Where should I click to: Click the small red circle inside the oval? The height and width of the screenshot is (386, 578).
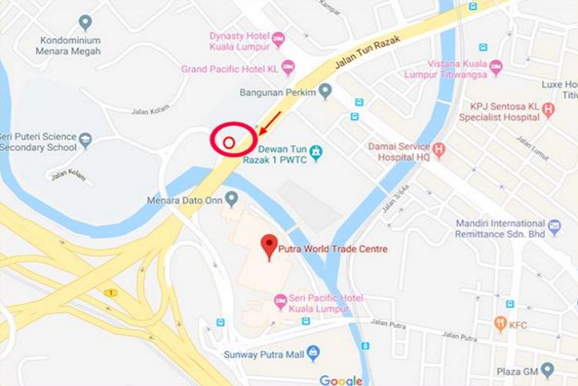click(x=228, y=142)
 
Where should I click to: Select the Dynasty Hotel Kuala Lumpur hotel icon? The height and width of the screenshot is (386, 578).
click(x=278, y=37)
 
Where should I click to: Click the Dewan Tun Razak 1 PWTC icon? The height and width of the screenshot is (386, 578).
click(x=315, y=150)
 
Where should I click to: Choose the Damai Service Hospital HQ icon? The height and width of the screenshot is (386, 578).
click(x=439, y=150)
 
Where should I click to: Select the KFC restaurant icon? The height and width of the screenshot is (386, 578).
click(x=501, y=324)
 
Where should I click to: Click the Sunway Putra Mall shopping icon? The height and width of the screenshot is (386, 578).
click(x=313, y=354)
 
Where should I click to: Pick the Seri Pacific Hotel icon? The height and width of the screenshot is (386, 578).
click(x=279, y=299)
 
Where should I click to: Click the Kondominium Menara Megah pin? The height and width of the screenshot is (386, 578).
click(x=85, y=22)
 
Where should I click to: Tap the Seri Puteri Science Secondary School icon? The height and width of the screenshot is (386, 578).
click(x=86, y=141)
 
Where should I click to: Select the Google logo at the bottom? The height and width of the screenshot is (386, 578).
click(x=341, y=379)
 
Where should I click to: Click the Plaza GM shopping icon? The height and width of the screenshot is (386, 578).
click(x=547, y=369)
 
